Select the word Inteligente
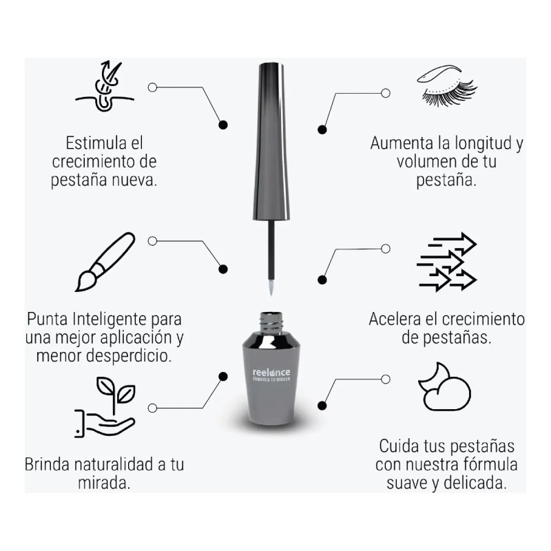[113, 320]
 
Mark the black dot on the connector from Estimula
[222, 125]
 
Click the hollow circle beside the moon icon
[386, 379]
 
